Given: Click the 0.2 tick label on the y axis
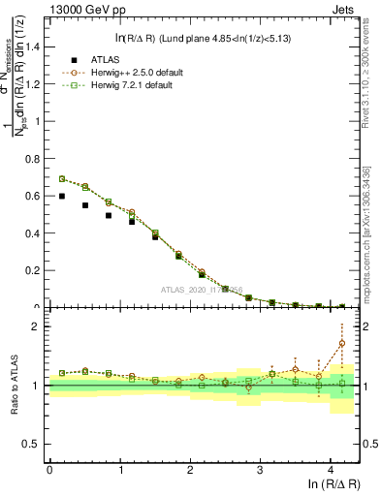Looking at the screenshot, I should click(x=35, y=270).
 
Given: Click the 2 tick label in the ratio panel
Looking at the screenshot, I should click(x=39, y=326).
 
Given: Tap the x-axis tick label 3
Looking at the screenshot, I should click(x=261, y=469).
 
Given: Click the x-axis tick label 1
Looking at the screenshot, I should click(x=120, y=469).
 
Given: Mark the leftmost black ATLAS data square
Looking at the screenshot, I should click(x=62, y=196).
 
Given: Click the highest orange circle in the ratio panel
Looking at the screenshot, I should click(x=341, y=343).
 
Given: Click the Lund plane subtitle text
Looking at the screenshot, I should click(x=204, y=38).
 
